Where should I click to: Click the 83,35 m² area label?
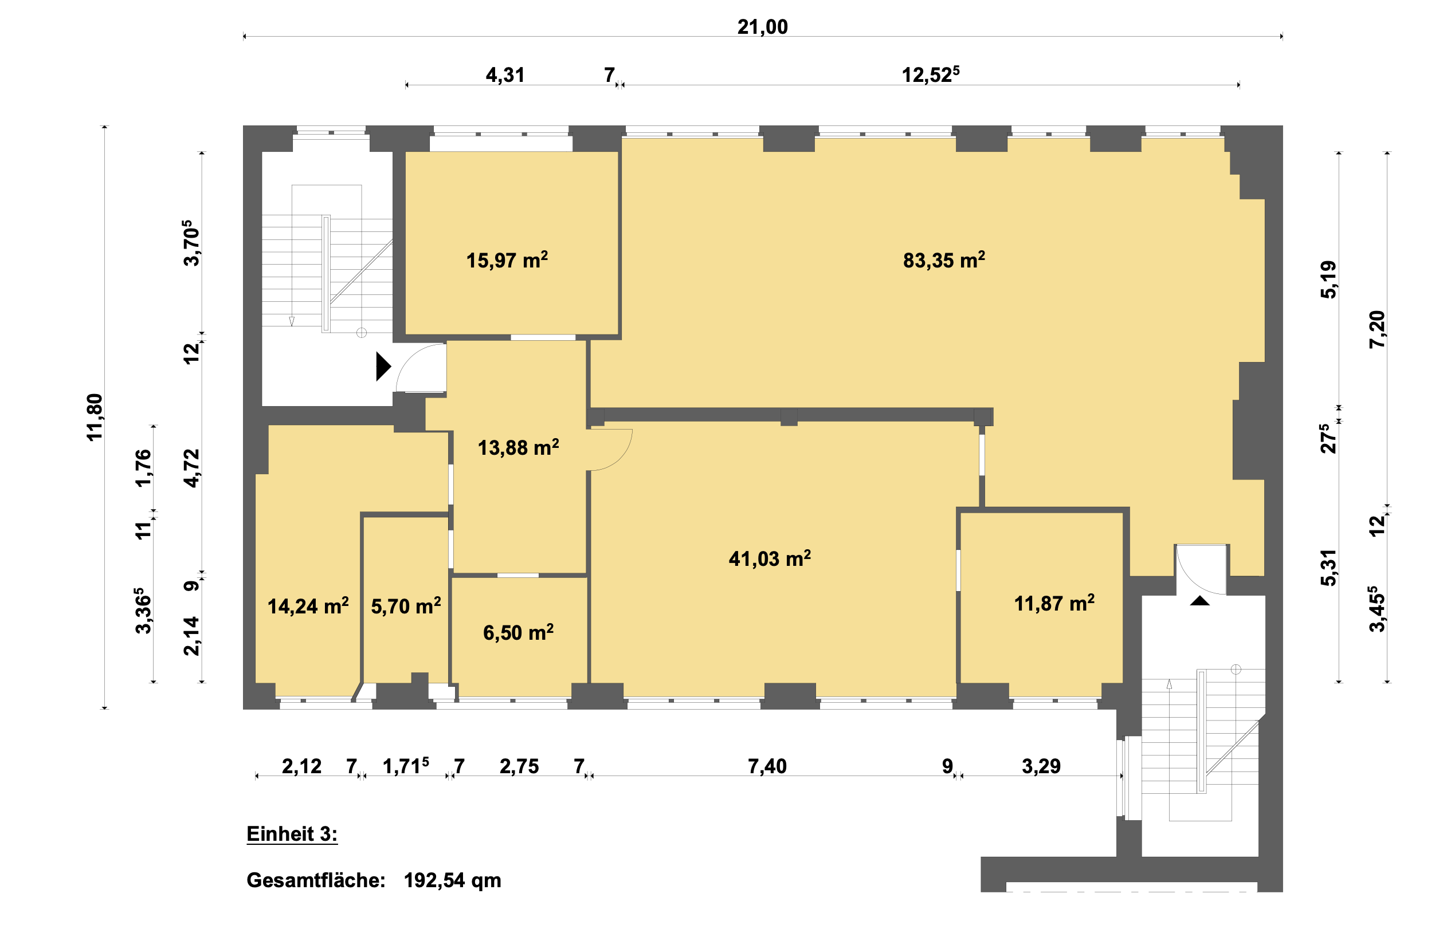pyautogui.click(x=943, y=260)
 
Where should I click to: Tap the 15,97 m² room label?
pyautogui.click(x=507, y=260)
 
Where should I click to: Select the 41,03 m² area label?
pyautogui.click(x=770, y=558)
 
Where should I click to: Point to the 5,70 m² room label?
pyautogui.click(x=406, y=605)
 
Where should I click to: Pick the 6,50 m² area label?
pyautogui.click(x=519, y=632)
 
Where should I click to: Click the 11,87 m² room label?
pyautogui.click(x=1054, y=603)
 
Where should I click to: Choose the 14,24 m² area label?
pyautogui.click(x=308, y=605)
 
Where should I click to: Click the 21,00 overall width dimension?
pyautogui.click(x=762, y=27)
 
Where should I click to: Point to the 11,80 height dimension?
pyautogui.click(x=95, y=417)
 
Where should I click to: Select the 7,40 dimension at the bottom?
pyautogui.click(x=767, y=766)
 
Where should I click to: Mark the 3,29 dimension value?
pyautogui.click(x=1041, y=766)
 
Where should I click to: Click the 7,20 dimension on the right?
pyautogui.click(x=1378, y=329)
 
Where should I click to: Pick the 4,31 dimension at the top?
pyautogui.click(x=505, y=75)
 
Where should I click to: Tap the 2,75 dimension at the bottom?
pyautogui.click(x=519, y=766)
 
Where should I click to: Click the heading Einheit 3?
pyautogui.click(x=292, y=834)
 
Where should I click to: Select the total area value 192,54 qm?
pyautogui.click(x=453, y=881)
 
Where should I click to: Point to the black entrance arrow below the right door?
pyautogui.click(x=1200, y=600)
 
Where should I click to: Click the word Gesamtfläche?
pyautogui.click(x=316, y=880)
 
